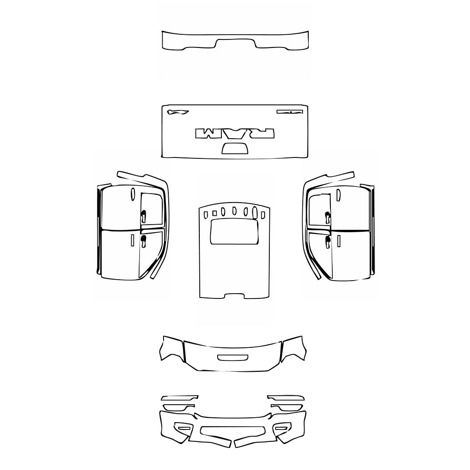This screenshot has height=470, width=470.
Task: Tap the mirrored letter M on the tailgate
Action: [206, 133]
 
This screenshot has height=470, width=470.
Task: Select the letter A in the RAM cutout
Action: [234, 134]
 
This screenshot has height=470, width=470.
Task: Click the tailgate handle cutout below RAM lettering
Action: [234, 149]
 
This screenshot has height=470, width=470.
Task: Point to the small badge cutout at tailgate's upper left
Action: [177, 112]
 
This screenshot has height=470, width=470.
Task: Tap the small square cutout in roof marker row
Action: [206, 215]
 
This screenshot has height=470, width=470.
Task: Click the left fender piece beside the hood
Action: [171, 349]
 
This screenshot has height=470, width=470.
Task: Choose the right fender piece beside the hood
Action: [293, 349]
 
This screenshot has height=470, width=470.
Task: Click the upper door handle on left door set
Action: [143, 216]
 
